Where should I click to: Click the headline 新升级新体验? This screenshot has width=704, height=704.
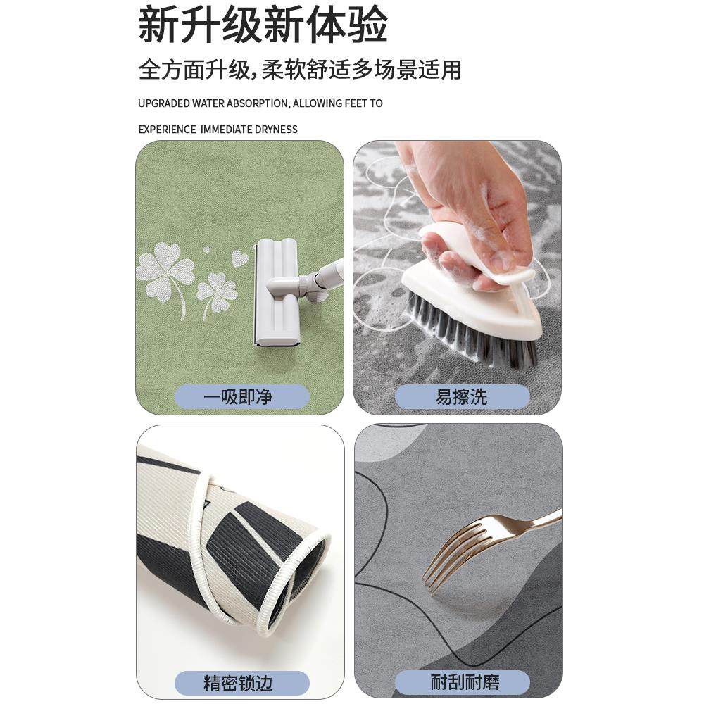(263, 26)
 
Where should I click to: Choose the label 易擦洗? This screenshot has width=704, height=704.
(461, 397)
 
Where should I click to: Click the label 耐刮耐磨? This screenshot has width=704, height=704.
(461, 682)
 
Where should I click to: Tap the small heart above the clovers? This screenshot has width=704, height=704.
(239, 258)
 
